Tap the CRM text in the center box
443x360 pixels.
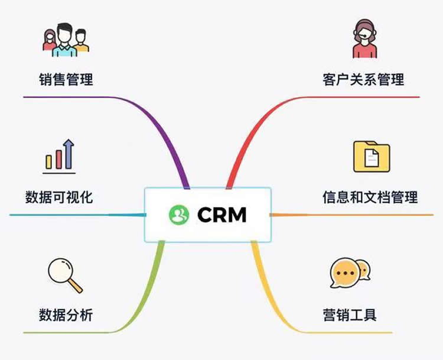[221, 215]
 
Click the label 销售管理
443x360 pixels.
[66, 79]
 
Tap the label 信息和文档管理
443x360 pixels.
[370, 197]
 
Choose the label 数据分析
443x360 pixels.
[66, 314]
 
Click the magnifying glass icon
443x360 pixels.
[63, 274]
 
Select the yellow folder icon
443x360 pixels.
[372, 156]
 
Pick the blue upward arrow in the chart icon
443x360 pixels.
[69, 154]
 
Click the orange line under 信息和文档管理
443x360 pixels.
[354, 215]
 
